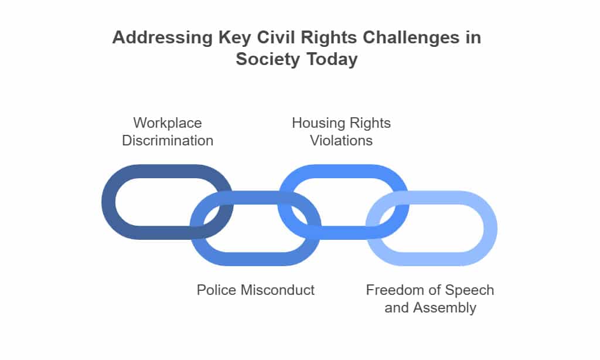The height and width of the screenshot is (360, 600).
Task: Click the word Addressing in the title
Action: coord(162,38)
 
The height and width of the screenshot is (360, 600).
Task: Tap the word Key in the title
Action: coord(234,38)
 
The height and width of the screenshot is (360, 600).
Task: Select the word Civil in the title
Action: coord(276,37)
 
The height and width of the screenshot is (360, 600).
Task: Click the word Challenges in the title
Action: coord(411,38)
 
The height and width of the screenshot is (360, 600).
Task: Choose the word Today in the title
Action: coord(332,59)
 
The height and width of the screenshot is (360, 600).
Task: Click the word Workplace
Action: coord(168,123)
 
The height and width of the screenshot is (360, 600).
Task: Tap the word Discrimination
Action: coord(168,141)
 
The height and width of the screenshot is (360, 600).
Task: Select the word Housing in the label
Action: coord(317,123)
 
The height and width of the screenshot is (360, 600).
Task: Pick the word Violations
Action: coord(342,141)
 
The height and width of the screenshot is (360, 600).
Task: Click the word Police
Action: coord(216,290)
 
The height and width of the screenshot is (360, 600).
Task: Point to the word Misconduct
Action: coord(277,290)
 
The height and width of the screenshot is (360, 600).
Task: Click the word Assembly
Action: coord(445,308)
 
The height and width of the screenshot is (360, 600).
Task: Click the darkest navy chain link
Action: coord(108,202)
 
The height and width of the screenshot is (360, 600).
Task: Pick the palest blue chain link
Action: coord(490,228)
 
